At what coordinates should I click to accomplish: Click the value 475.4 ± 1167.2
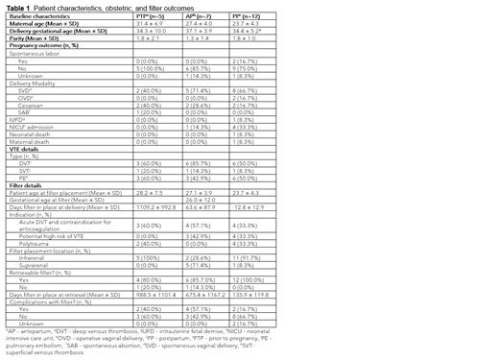(250, 292)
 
